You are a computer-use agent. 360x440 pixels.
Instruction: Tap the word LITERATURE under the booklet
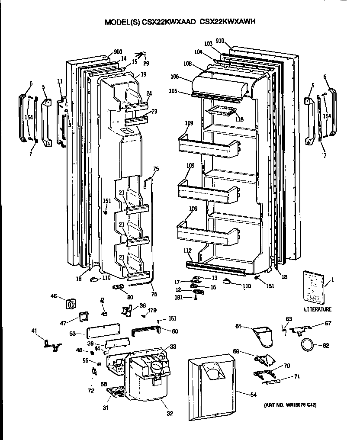317,309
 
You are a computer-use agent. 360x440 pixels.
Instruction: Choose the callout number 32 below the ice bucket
170,413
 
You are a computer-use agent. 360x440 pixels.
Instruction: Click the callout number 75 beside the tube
156,169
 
